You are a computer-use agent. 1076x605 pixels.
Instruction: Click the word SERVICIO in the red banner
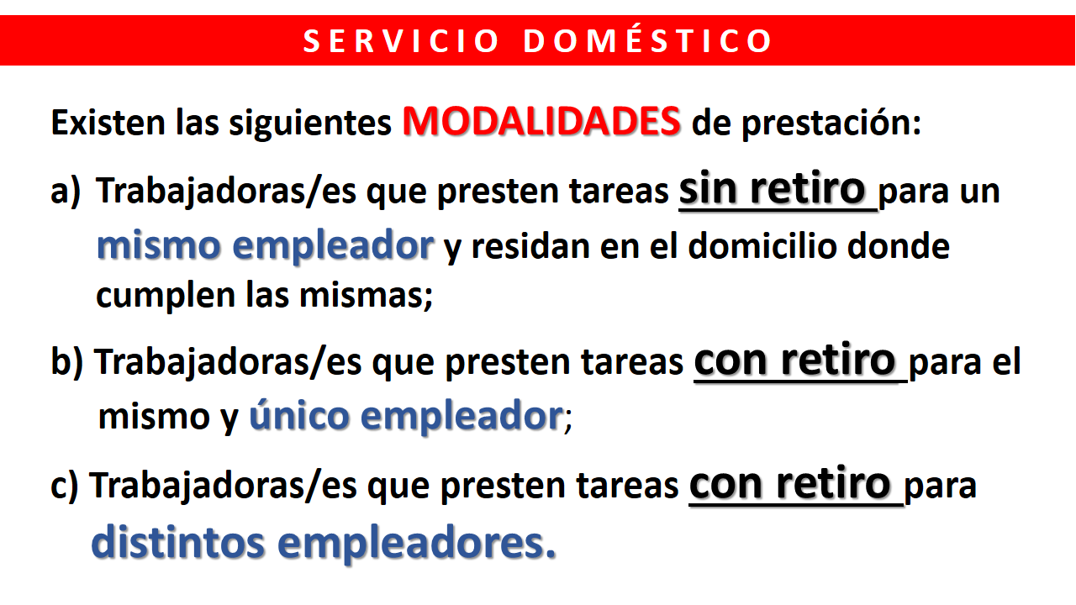(x=402, y=41)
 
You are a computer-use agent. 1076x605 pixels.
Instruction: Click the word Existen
(x=108, y=123)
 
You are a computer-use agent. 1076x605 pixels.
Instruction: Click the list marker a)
(x=66, y=192)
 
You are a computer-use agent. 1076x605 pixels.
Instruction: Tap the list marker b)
(x=66, y=362)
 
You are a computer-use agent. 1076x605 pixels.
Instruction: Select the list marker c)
(x=65, y=486)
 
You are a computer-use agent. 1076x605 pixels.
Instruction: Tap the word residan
(x=530, y=247)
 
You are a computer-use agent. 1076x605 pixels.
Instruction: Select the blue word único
(x=298, y=414)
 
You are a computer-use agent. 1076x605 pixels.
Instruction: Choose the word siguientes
(x=310, y=124)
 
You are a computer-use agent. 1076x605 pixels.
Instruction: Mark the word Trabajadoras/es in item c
(x=224, y=486)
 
